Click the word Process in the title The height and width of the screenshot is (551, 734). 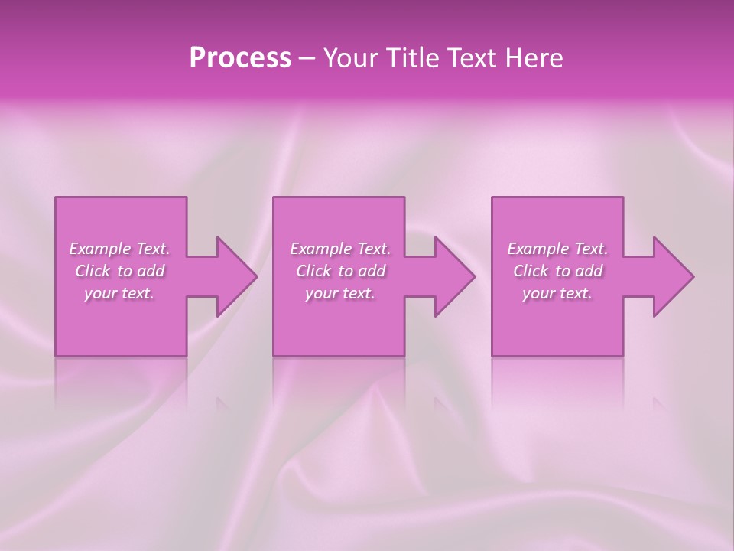[240, 58]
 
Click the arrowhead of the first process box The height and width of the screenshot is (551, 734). [237, 276]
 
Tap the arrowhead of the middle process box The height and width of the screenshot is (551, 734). [455, 276]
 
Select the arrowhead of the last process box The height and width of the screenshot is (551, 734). [674, 276]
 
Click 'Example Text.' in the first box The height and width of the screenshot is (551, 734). [119, 249]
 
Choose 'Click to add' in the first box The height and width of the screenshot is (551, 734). [119, 271]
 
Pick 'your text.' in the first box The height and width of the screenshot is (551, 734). [119, 293]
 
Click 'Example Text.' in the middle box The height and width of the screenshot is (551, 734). [340, 249]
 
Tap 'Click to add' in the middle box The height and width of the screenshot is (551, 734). [340, 271]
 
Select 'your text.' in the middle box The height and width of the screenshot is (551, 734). [340, 293]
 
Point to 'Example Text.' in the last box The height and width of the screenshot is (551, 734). [557, 249]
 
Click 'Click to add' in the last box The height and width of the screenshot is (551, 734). [557, 271]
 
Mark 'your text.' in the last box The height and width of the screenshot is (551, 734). [557, 293]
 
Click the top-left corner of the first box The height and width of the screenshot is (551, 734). [57, 199]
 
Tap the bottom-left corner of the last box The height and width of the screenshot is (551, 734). [493, 354]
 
